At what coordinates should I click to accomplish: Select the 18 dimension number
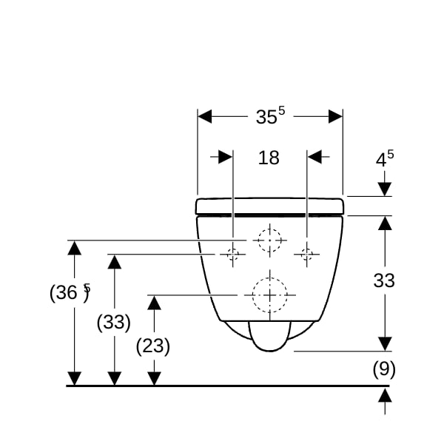pos(269,158)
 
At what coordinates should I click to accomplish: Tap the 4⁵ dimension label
pos(385,158)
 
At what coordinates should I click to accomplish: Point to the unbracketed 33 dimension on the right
pos(384,280)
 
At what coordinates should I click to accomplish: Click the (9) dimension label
pos(384,369)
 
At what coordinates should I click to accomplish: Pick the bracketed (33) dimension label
pos(114,322)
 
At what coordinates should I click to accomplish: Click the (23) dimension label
pos(153,346)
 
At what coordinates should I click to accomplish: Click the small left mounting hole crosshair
pos(233,255)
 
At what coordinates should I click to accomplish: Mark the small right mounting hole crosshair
pos(307,255)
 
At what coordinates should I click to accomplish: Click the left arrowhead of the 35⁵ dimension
pos(204,116)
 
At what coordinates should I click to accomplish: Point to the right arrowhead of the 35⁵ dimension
pos(335,116)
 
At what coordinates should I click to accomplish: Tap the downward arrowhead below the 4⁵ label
pos(385,189)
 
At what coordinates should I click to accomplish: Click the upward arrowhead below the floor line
pos(385,395)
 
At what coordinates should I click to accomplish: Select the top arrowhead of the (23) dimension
pos(155,303)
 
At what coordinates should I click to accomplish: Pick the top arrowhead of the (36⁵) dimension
pos(75,248)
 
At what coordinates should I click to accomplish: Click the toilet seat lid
pos(270,206)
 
